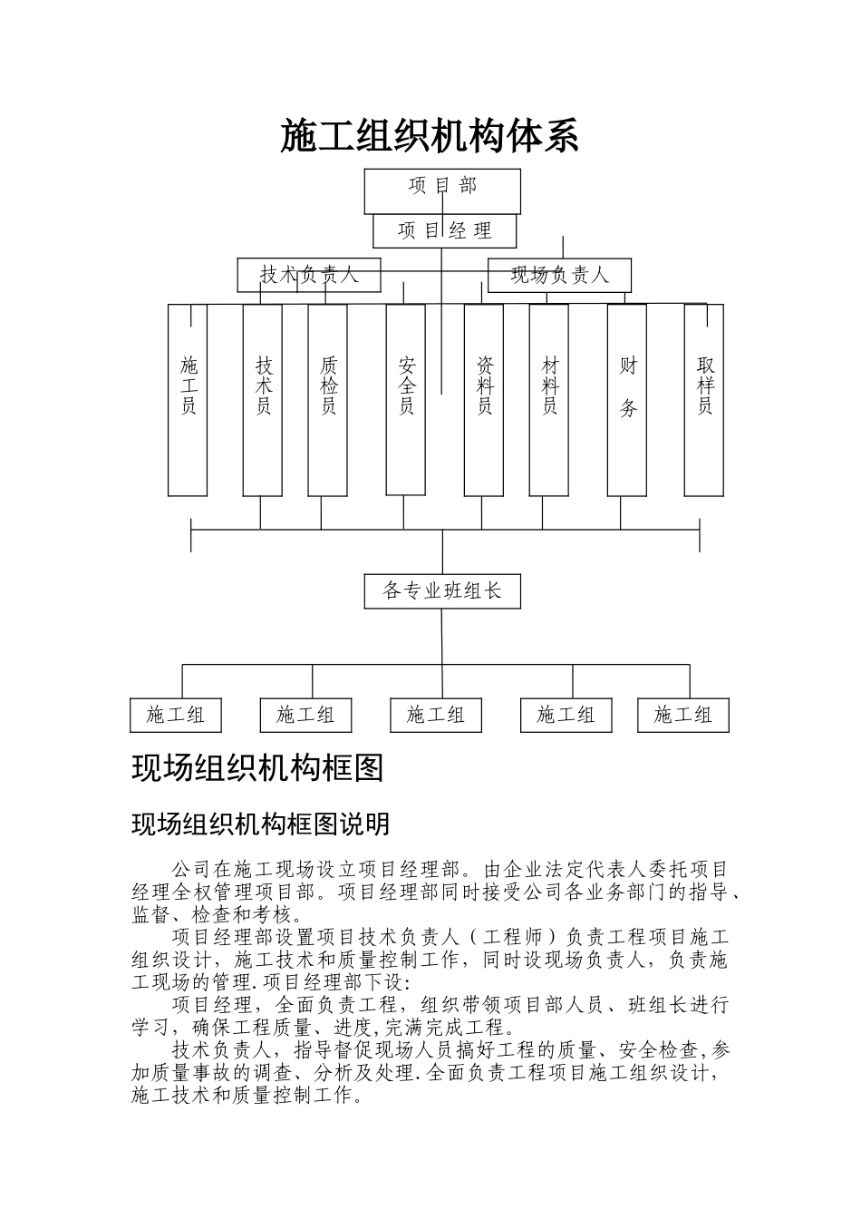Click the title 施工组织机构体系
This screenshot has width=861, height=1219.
[x=429, y=136]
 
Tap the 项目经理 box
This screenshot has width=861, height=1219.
[x=444, y=231]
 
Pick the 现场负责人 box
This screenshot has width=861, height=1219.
[x=559, y=275]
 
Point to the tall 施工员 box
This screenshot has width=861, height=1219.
[x=188, y=400]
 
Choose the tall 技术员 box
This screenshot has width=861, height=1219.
[x=263, y=400]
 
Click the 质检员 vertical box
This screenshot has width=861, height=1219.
[x=328, y=400]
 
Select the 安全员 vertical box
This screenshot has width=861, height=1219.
[x=406, y=399]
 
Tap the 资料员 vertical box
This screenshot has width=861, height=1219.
[x=484, y=400]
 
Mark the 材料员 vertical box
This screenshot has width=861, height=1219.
[x=549, y=400]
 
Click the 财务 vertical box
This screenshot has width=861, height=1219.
[x=627, y=400]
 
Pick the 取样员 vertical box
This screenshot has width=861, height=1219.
[x=704, y=400]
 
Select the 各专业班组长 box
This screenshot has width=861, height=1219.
[x=442, y=591]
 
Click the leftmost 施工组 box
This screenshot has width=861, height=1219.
[x=176, y=715]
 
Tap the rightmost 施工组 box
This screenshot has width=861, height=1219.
[x=683, y=715]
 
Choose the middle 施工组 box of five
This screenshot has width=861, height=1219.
[x=436, y=715]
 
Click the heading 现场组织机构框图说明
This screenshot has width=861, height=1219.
[x=261, y=824]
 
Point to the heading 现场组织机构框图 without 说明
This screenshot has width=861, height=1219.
[x=258, y=767]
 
